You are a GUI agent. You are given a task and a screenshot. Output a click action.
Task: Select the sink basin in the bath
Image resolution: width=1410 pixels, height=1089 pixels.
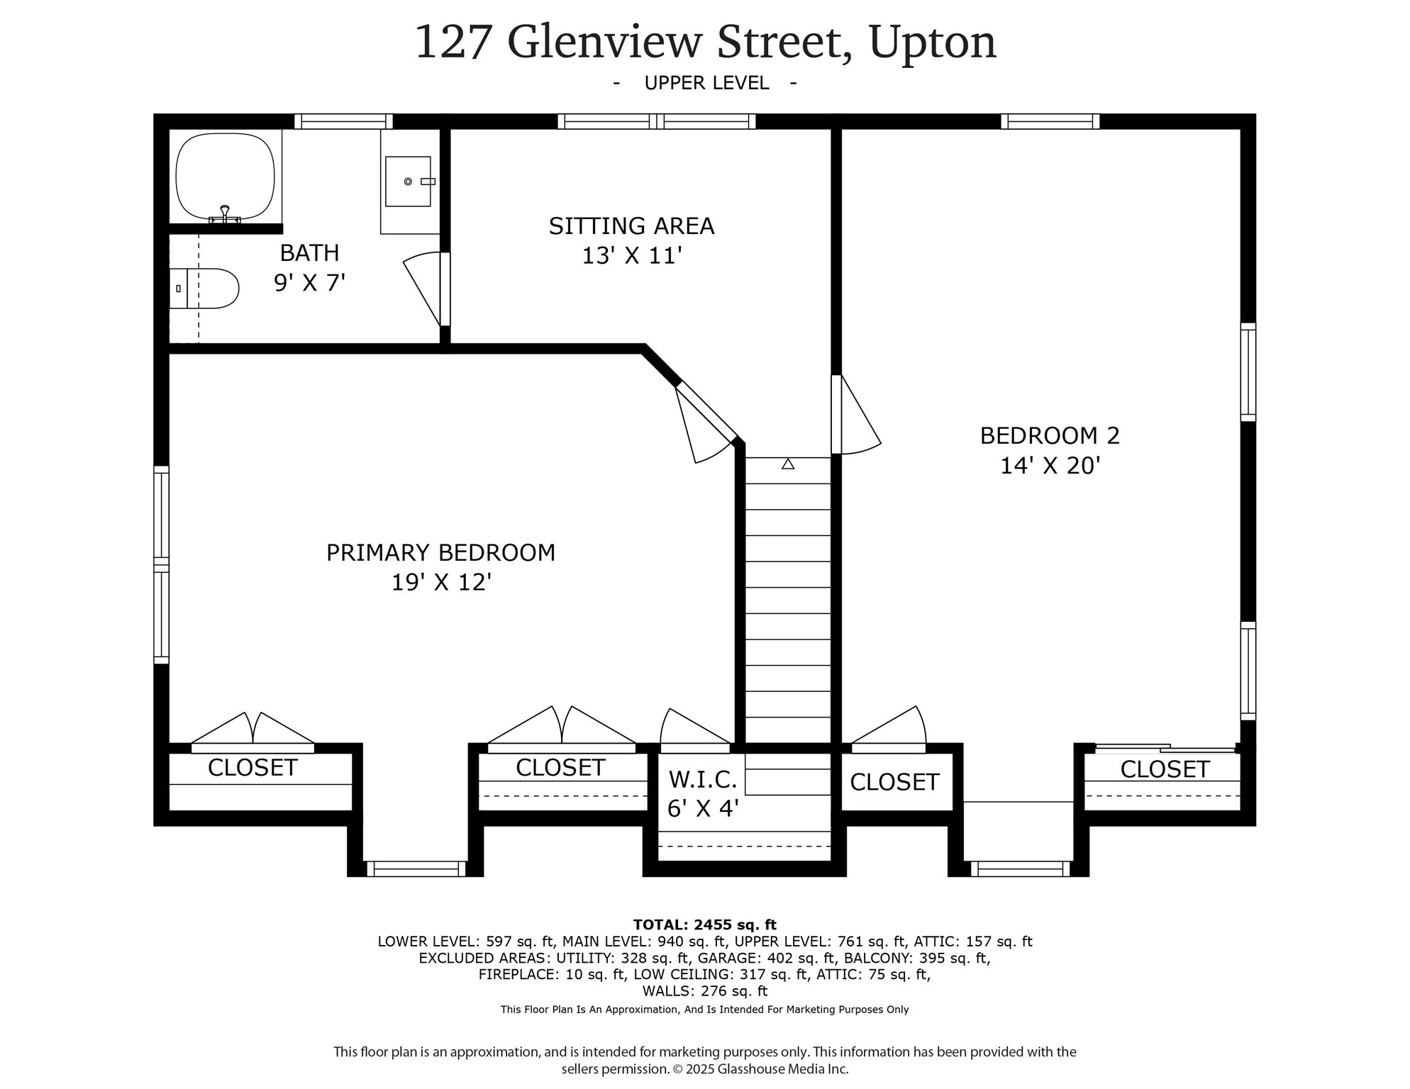point(408,181)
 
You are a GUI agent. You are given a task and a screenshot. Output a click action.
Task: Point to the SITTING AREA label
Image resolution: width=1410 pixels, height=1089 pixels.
point(631,226)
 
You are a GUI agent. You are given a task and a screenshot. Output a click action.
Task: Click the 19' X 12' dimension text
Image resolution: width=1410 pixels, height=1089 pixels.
point(441,582)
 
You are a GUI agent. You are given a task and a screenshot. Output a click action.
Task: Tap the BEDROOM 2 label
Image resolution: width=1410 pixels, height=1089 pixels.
point(1049,435)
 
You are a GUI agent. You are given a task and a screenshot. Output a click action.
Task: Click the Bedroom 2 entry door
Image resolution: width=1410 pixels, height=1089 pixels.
point(857,415)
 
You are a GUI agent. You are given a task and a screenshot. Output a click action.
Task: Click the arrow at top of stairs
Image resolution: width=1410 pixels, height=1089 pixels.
point(787,464)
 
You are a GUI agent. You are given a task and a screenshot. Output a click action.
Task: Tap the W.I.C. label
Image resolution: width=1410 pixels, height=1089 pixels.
point(702,780)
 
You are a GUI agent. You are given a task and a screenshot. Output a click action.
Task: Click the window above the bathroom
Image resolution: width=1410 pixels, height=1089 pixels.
point(343,121)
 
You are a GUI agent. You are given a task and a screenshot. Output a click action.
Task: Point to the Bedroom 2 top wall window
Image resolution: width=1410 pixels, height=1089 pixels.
point(1050,121)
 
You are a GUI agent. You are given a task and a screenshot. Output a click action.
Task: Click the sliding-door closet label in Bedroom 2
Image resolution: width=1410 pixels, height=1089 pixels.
point(1164,769)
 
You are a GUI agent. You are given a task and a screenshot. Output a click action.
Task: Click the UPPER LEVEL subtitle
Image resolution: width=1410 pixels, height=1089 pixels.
point(706,83)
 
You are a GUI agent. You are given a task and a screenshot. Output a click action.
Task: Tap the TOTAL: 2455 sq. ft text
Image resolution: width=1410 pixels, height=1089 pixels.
point(704,925)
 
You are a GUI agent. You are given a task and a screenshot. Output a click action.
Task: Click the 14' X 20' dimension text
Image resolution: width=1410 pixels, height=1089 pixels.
point(1049,466)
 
